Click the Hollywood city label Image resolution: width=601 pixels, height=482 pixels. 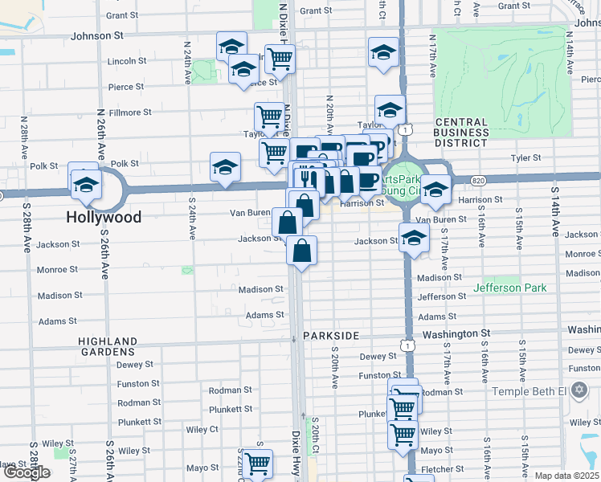(x=104, y=217)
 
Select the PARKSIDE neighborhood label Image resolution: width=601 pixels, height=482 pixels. (x=330, y=334)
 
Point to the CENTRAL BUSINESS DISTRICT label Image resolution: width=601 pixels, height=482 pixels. (x=461, y=133)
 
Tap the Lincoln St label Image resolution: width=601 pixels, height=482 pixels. (x=127, y=60)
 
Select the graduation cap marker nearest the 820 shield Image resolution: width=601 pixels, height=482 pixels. (x=435, y=190)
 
